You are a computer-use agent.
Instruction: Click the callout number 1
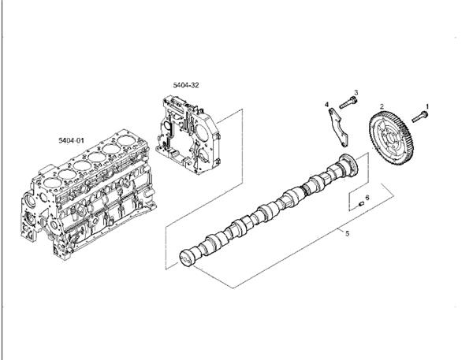click(427, 106)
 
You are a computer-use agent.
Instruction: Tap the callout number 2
click(382, 106)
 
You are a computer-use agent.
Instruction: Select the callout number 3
click(356, 92)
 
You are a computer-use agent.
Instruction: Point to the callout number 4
click(326, 104)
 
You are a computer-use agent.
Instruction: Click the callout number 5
click(347, 233)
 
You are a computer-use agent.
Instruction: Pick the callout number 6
click(367, 198)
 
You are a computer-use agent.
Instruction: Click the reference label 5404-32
click(186, 85)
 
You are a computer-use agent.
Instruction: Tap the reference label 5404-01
click(72, 140)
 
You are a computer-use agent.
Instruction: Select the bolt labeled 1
click(420, 117)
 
